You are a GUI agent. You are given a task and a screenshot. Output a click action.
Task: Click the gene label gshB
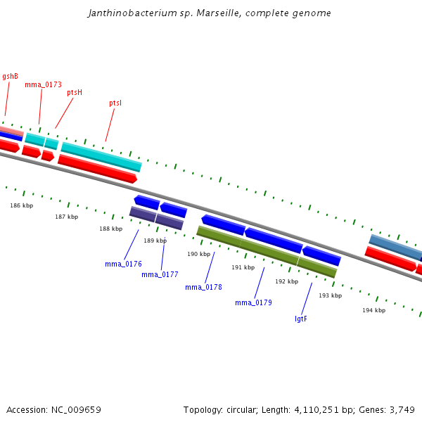pos(11,76)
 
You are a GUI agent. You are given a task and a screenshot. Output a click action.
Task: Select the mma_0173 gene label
pos(43,84)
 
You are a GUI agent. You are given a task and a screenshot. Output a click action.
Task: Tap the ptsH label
pos(75,92)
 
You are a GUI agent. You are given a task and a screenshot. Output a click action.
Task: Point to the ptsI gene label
pos(115,103)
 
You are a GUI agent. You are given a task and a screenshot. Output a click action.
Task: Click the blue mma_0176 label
pos(123,264)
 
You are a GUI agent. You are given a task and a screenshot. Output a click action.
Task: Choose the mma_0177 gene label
pos(160,274)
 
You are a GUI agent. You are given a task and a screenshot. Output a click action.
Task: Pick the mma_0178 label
pos(203,287)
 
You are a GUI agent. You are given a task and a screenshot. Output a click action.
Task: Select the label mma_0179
pos(253,302)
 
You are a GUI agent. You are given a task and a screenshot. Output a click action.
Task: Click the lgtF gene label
pos(301,319)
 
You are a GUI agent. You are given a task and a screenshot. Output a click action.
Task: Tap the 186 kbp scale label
pos(21,205)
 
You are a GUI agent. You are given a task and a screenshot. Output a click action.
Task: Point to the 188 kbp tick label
pos(110,229)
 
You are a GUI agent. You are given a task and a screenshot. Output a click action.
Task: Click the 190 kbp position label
pos(198,254)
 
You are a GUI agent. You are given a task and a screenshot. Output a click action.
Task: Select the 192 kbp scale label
pos(286,281)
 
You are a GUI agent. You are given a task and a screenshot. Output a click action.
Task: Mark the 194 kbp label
pos(373,310)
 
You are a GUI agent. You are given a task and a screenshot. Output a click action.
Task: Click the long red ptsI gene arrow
pos(97,170)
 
